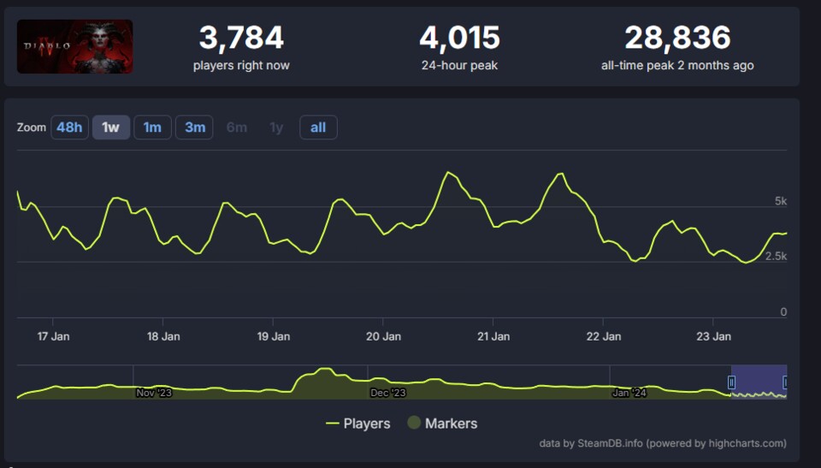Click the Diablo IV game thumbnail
[x=75, y=46]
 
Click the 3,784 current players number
[x=241, y=38]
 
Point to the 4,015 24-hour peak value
[x=459, y=38]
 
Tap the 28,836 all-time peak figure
[x=677, y=38]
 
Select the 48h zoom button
[x=69, y=127]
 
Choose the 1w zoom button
[x=111, y=127]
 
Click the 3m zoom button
[x=195, y=127]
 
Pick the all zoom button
[x=318, y=127]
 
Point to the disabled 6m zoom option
[x=237, y=127]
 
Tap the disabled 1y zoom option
[x=276, y=127]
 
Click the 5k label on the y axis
[x=780, y=201]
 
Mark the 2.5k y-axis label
[x=776, y=257]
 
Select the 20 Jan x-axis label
[x=383, y=336]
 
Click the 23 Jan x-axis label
[x=714, y=336]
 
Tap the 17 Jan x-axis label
[x=54, y=336]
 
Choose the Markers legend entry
[x=442, y=424]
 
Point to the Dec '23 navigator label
[x=388, y=393]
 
